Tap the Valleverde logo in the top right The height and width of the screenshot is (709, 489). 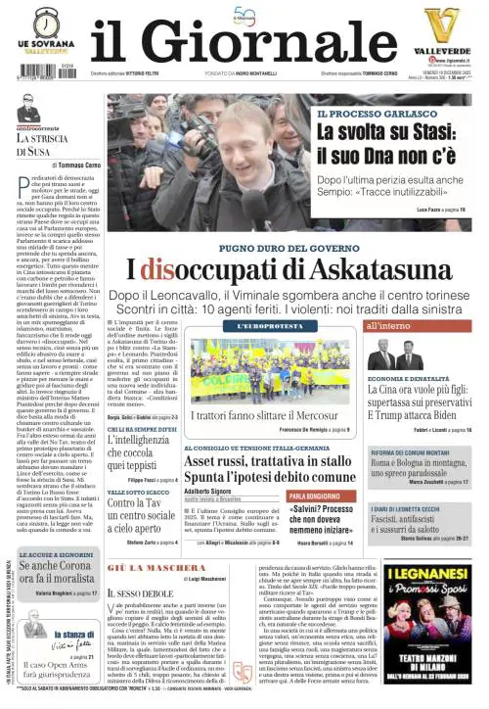[x=440, y=31]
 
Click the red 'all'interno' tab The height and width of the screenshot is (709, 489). [x=388, y=325]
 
